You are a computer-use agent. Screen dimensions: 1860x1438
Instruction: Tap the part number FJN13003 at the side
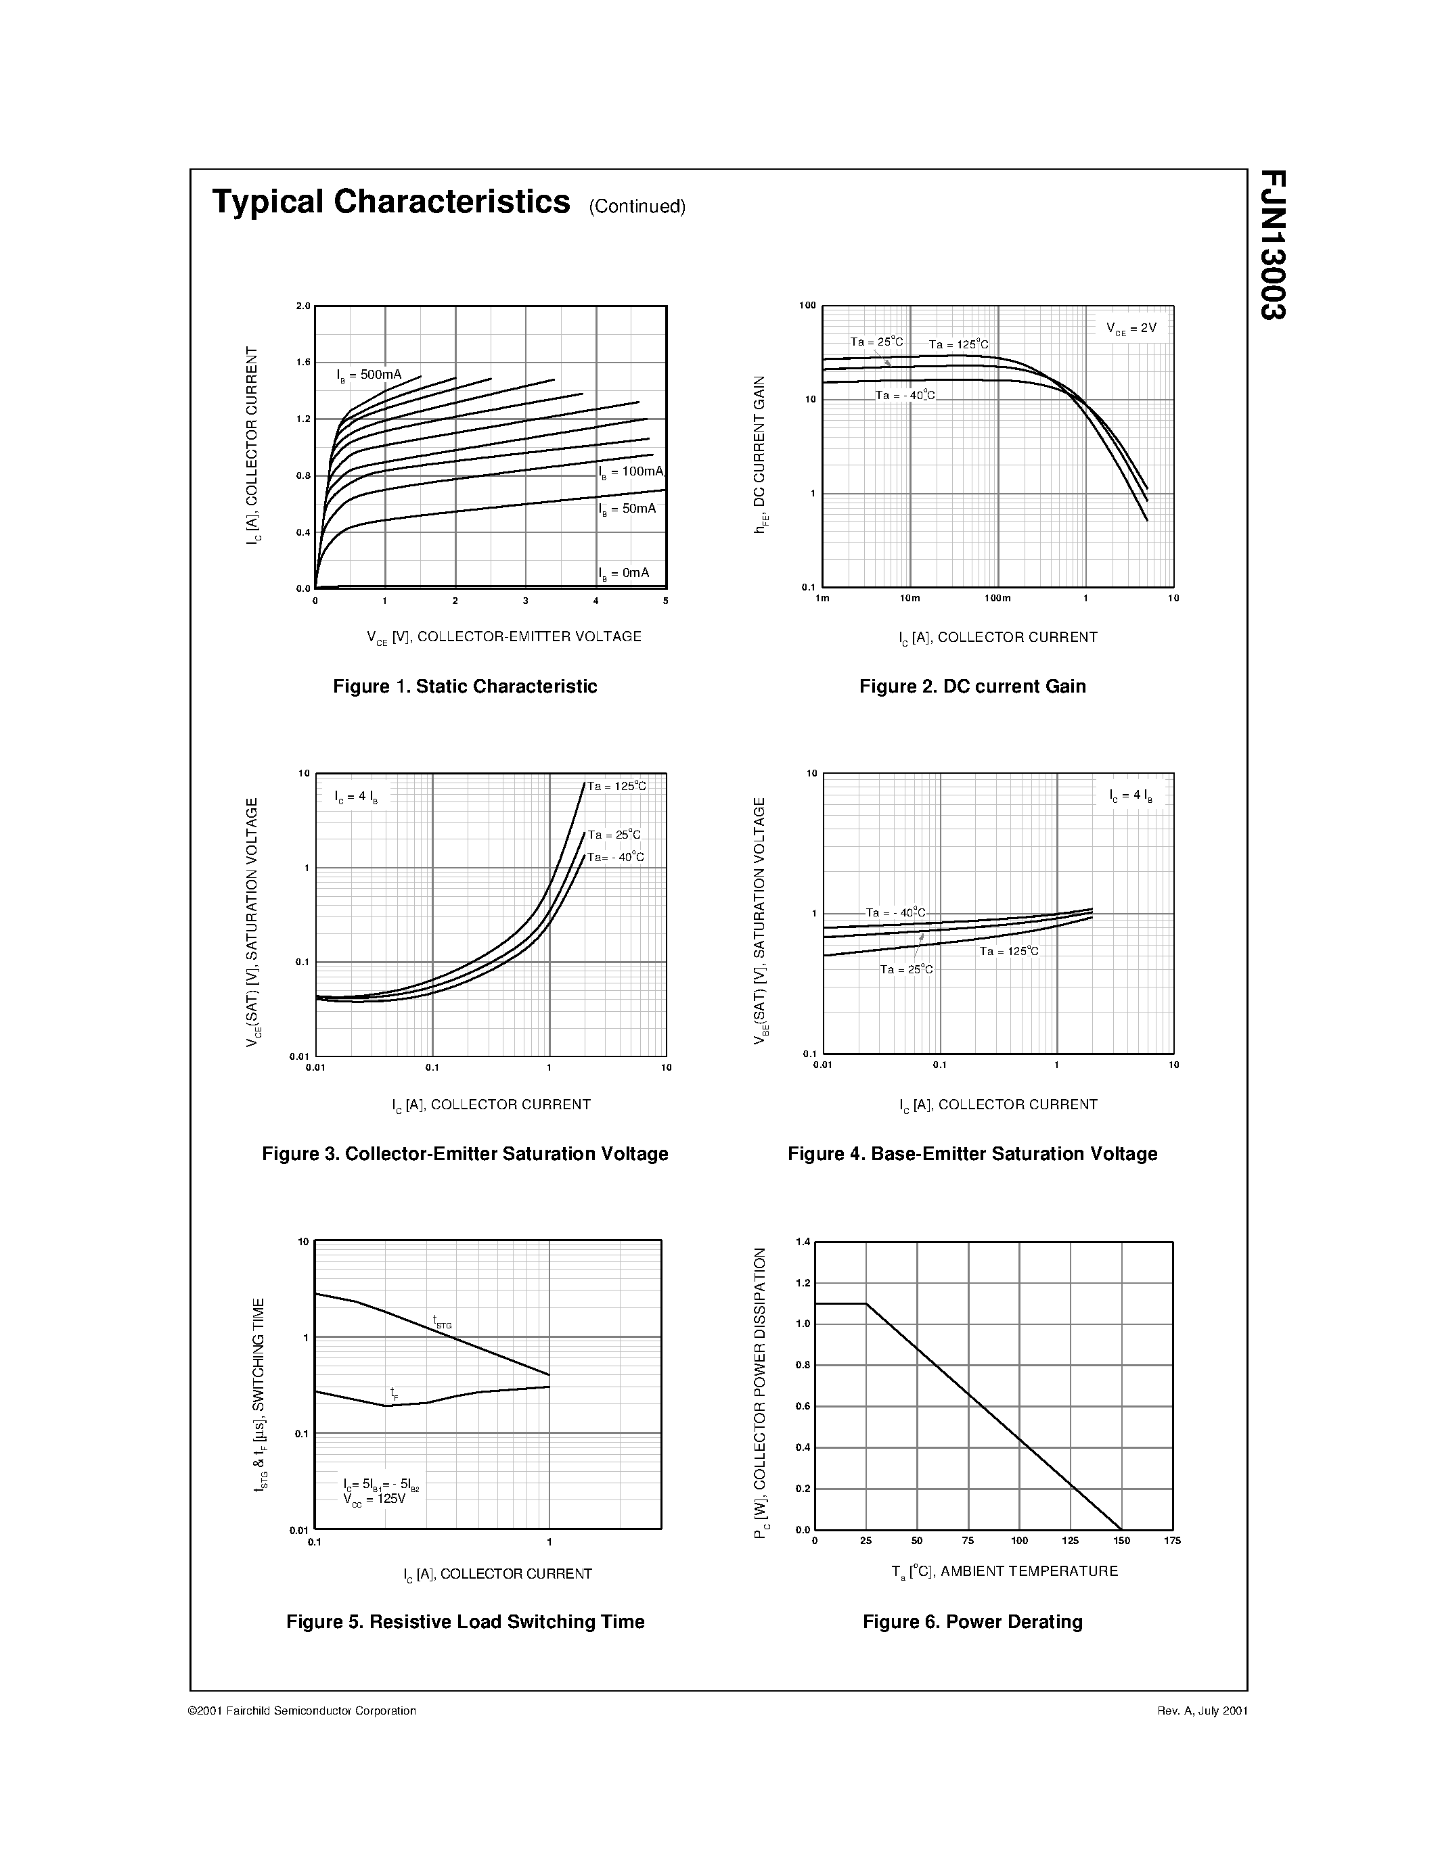[x=1273, y=244]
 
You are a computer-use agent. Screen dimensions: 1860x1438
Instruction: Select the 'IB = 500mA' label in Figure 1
[x=369, y=375]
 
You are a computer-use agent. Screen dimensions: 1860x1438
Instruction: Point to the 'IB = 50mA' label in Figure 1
[x=627, y=509]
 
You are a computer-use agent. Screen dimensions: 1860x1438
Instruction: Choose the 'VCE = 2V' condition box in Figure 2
[x=1131, y=328]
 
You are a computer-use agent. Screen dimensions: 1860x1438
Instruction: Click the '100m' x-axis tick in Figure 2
[x=997, y=598]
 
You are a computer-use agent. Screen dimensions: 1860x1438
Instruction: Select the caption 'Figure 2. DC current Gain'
[x=972, y=687]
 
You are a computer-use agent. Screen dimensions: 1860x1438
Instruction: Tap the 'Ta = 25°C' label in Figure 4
[x=906, y=969]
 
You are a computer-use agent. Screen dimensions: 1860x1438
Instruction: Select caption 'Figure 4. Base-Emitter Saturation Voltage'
[x=972, y=1154]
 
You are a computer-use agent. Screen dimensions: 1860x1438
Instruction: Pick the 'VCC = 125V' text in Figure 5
[x=375, y=1498]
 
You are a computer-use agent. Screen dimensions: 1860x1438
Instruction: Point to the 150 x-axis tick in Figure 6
[x=1121, y=1540]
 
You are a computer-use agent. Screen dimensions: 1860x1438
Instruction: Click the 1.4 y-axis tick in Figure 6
[x=803, y=1242]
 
